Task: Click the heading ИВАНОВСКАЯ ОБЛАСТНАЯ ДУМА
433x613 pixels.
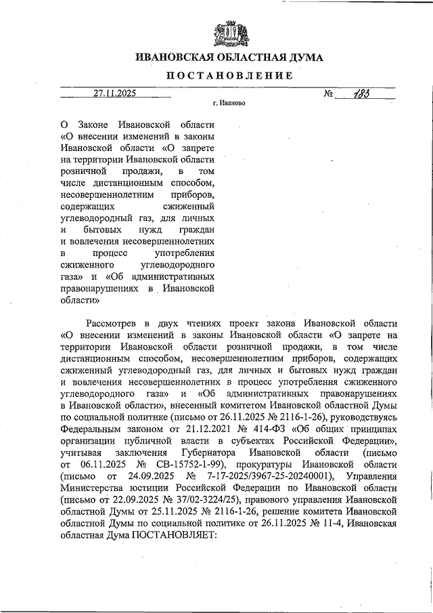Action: pyautogui.click(x=229, y=58)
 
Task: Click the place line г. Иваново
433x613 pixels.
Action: pyautogui.click(x=229, y=104)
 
